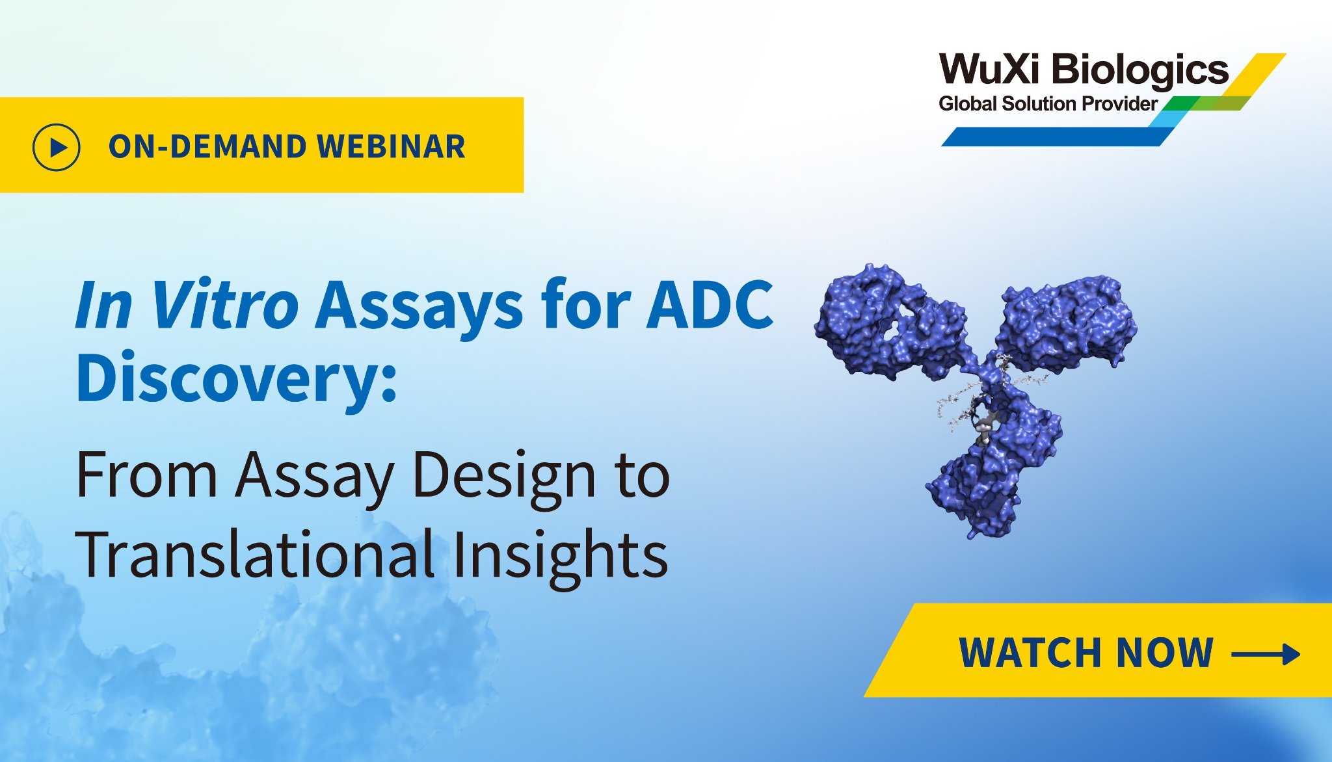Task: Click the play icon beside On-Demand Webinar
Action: [57, 147]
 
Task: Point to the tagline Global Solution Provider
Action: [1048, 103]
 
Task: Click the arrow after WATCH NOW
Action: [1266, 653]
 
